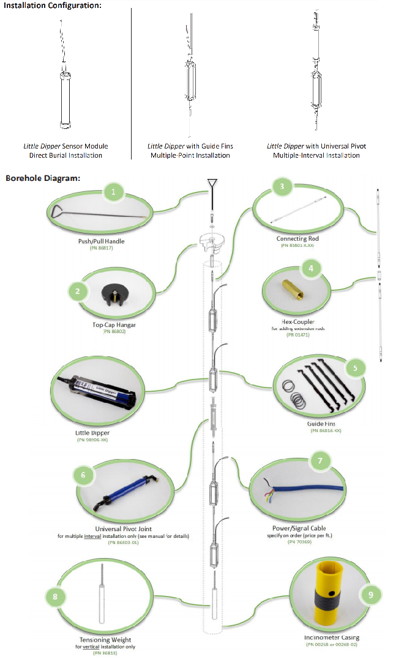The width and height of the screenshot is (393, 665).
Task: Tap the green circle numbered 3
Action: coord(282,186)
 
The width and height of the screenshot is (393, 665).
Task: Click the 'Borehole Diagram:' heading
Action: coord(43,178)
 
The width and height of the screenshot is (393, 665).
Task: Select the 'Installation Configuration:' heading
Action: coord(53,6)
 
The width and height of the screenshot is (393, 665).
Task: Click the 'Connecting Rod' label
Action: coord(298,238)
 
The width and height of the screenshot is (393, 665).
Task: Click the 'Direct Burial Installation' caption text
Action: coord(66,155)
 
